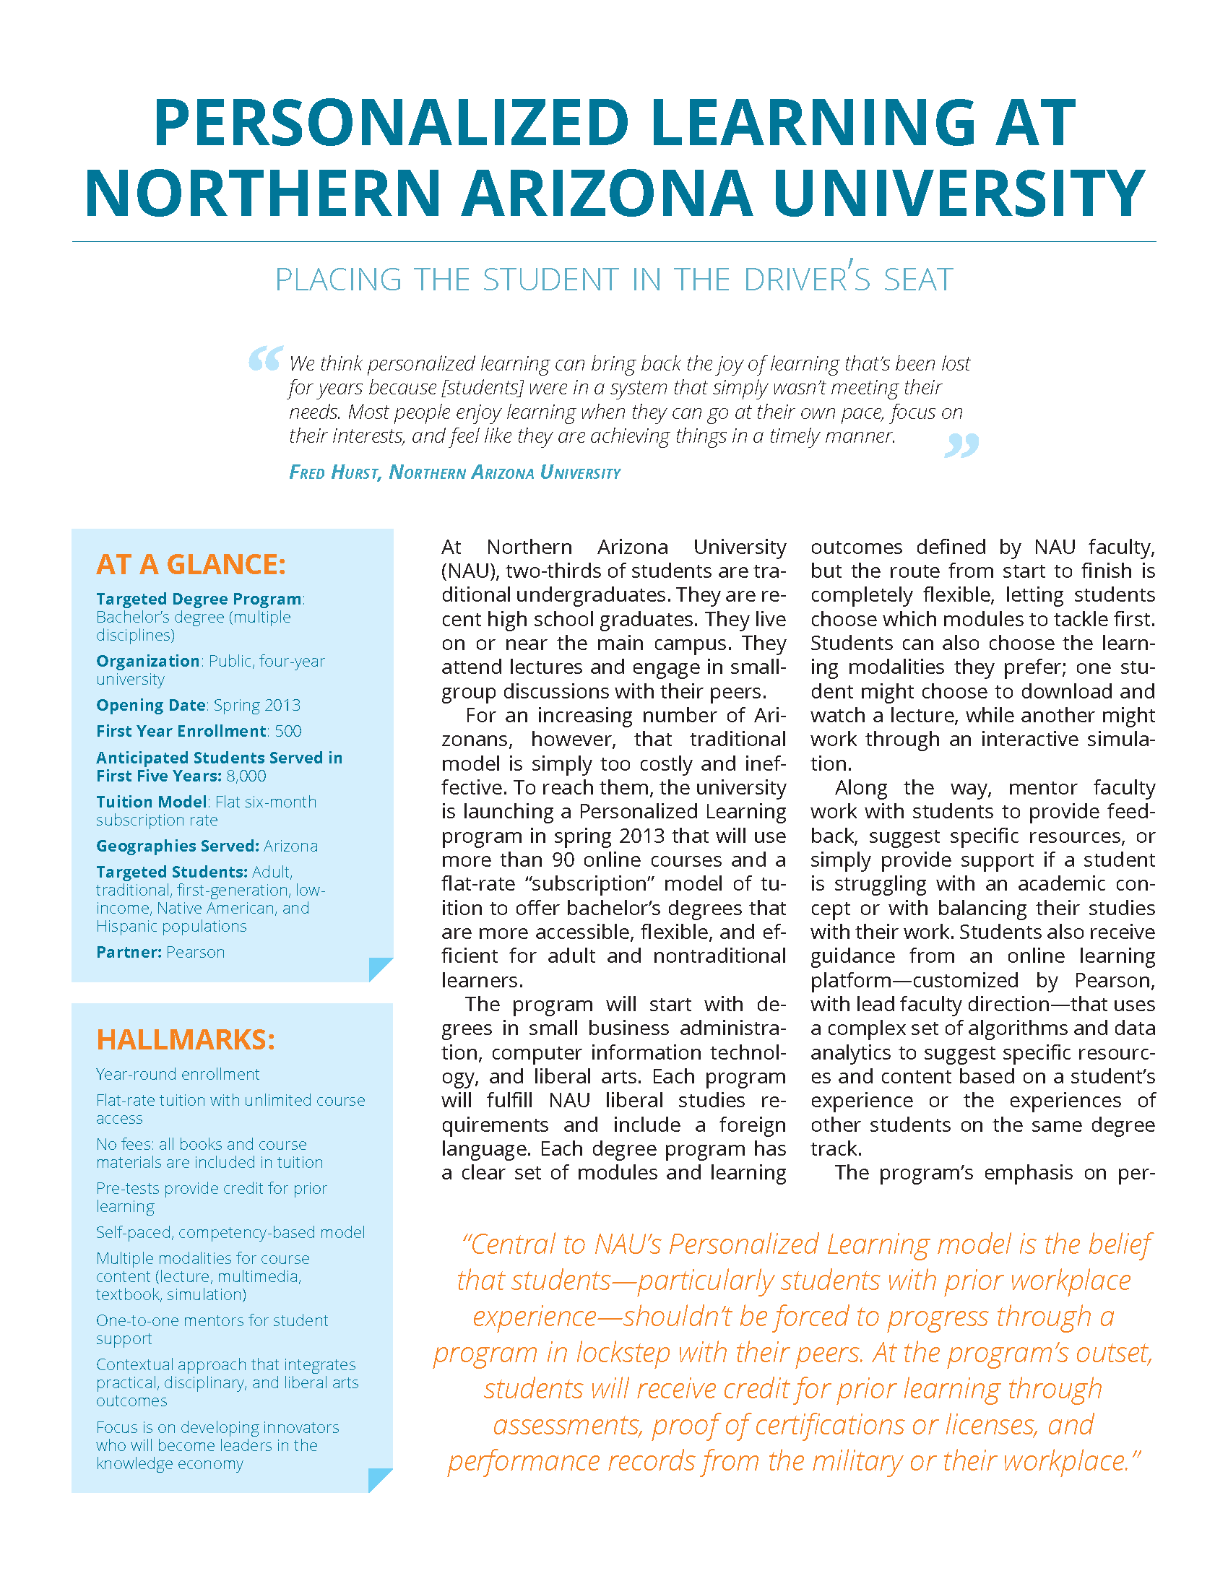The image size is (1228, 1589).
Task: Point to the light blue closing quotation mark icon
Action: click(961, 444)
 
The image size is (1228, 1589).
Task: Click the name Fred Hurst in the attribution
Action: click(334, 473)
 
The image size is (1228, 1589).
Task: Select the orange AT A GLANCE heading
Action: click(191, 565)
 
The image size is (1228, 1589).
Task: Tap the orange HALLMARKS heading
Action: click(186, 1039)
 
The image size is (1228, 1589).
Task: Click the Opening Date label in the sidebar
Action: click(150, 705)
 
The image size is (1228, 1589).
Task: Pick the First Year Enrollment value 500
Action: click(288, 731)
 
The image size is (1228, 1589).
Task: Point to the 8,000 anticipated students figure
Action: click(246, 776)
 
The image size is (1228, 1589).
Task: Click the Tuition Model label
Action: click(151, 802)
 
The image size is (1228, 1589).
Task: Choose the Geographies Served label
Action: click(178, 847)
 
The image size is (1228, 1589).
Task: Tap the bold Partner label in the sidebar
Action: click(129, 953)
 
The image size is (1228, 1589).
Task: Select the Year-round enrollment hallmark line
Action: click(178, 1075)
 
